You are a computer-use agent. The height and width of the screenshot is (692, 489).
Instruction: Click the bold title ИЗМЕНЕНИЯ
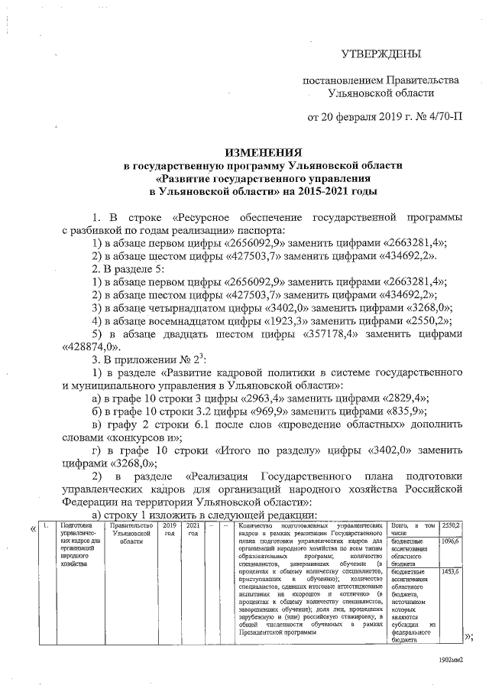(x=264, y=153)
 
